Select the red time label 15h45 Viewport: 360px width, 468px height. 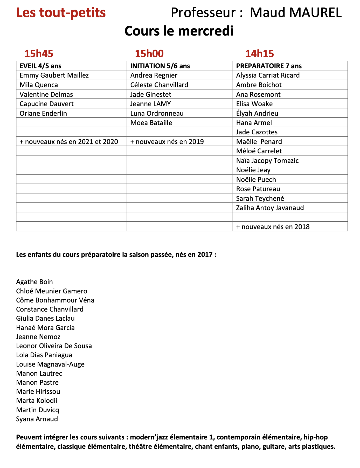(39, 54)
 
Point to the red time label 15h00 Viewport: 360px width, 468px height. (149, 54)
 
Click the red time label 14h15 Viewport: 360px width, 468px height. (260, 54)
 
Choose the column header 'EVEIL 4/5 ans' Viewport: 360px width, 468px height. (40, 66)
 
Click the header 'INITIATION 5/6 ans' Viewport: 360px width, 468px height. (160, 66)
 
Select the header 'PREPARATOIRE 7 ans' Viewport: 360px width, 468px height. (269, 66)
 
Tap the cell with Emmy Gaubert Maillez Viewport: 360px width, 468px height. (54, 75)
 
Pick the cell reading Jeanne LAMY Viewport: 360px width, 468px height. (151, 104)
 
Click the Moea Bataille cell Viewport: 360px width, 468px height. (151, 123)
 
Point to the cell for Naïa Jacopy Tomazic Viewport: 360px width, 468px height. (267, 161)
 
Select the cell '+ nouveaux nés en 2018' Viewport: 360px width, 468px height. (273, 227)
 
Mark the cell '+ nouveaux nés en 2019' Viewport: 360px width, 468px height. (167, 142)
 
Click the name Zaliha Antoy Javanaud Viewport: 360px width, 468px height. (270, 208)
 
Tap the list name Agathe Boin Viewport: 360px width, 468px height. (34, 282)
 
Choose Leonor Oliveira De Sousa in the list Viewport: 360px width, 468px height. (54, 346)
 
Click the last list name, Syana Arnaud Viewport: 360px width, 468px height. (37, 419)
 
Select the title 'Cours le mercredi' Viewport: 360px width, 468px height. (179, 31)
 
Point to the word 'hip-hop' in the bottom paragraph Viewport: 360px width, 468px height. (316, 437)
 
